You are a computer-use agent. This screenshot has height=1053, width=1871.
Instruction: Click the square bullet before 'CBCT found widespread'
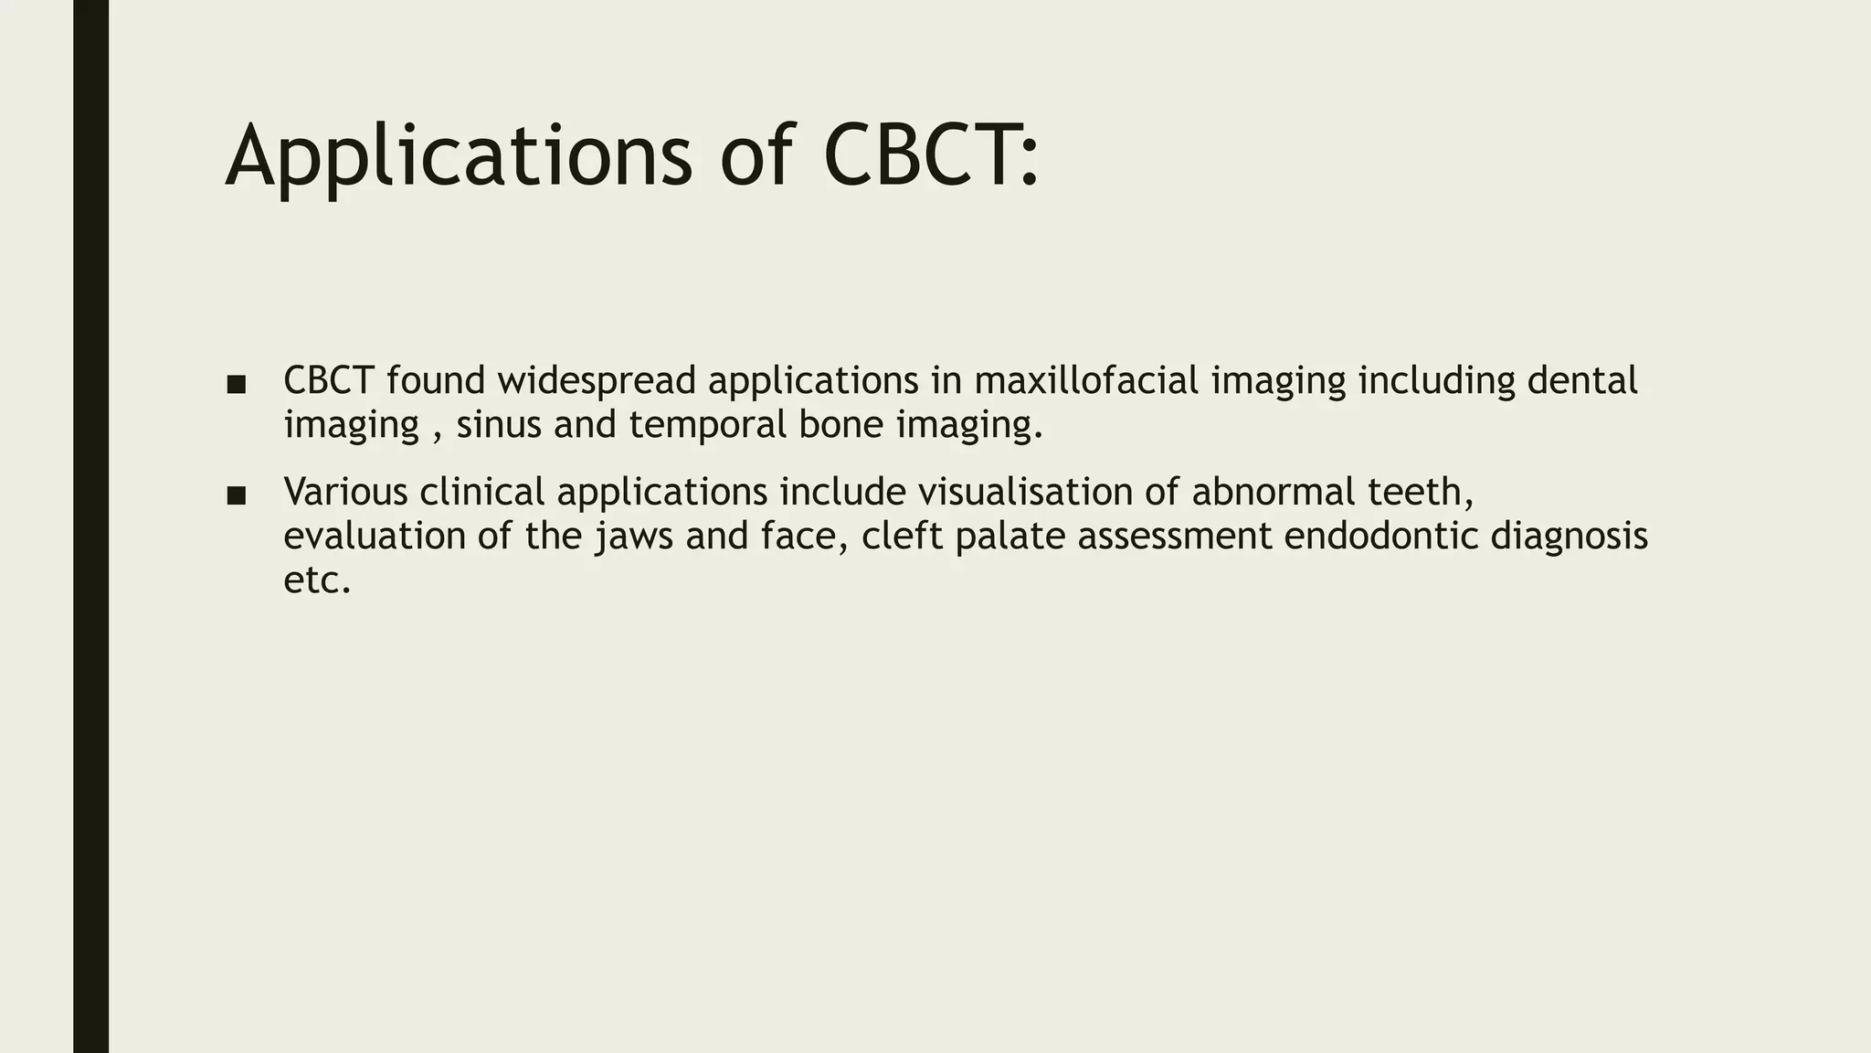tap(237, 384)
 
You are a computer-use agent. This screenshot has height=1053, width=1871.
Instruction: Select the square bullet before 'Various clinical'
tap(237, 495)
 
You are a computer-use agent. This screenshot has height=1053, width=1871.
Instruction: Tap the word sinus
tap(499, 424)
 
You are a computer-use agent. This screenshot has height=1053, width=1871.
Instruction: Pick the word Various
tap(345, 492)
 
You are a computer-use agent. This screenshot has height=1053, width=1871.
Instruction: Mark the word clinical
tap(481, 492)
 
